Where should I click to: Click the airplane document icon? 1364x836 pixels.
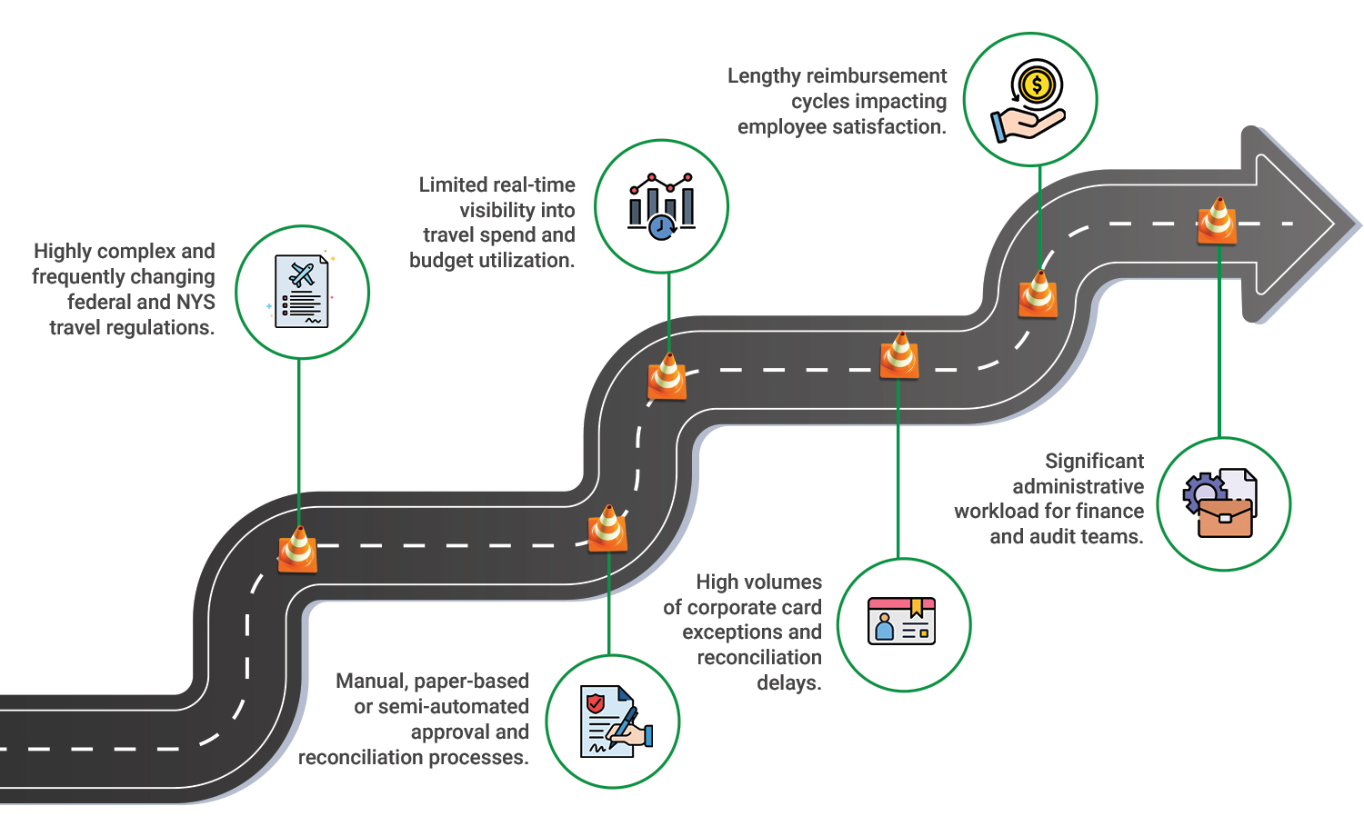(x=302, y=292)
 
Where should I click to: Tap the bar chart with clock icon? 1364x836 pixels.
(x=661, y=206)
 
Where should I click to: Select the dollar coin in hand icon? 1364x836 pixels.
(x=1030, y=100)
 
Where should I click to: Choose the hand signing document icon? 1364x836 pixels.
(x=614, y=722)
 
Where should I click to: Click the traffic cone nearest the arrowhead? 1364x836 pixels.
(x=1217, y=222)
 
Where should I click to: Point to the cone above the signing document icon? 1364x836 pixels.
(x=607, y=529)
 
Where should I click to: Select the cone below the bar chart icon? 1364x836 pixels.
(x=667, y=377)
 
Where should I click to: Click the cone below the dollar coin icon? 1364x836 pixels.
(x=1038, y=294)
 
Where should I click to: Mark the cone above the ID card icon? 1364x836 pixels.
(x=899, y=356)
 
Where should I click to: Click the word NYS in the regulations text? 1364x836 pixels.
(x=196, y=302)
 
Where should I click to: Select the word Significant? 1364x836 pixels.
(x=1094, y=462)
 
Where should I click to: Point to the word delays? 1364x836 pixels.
(x=788, y=683)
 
